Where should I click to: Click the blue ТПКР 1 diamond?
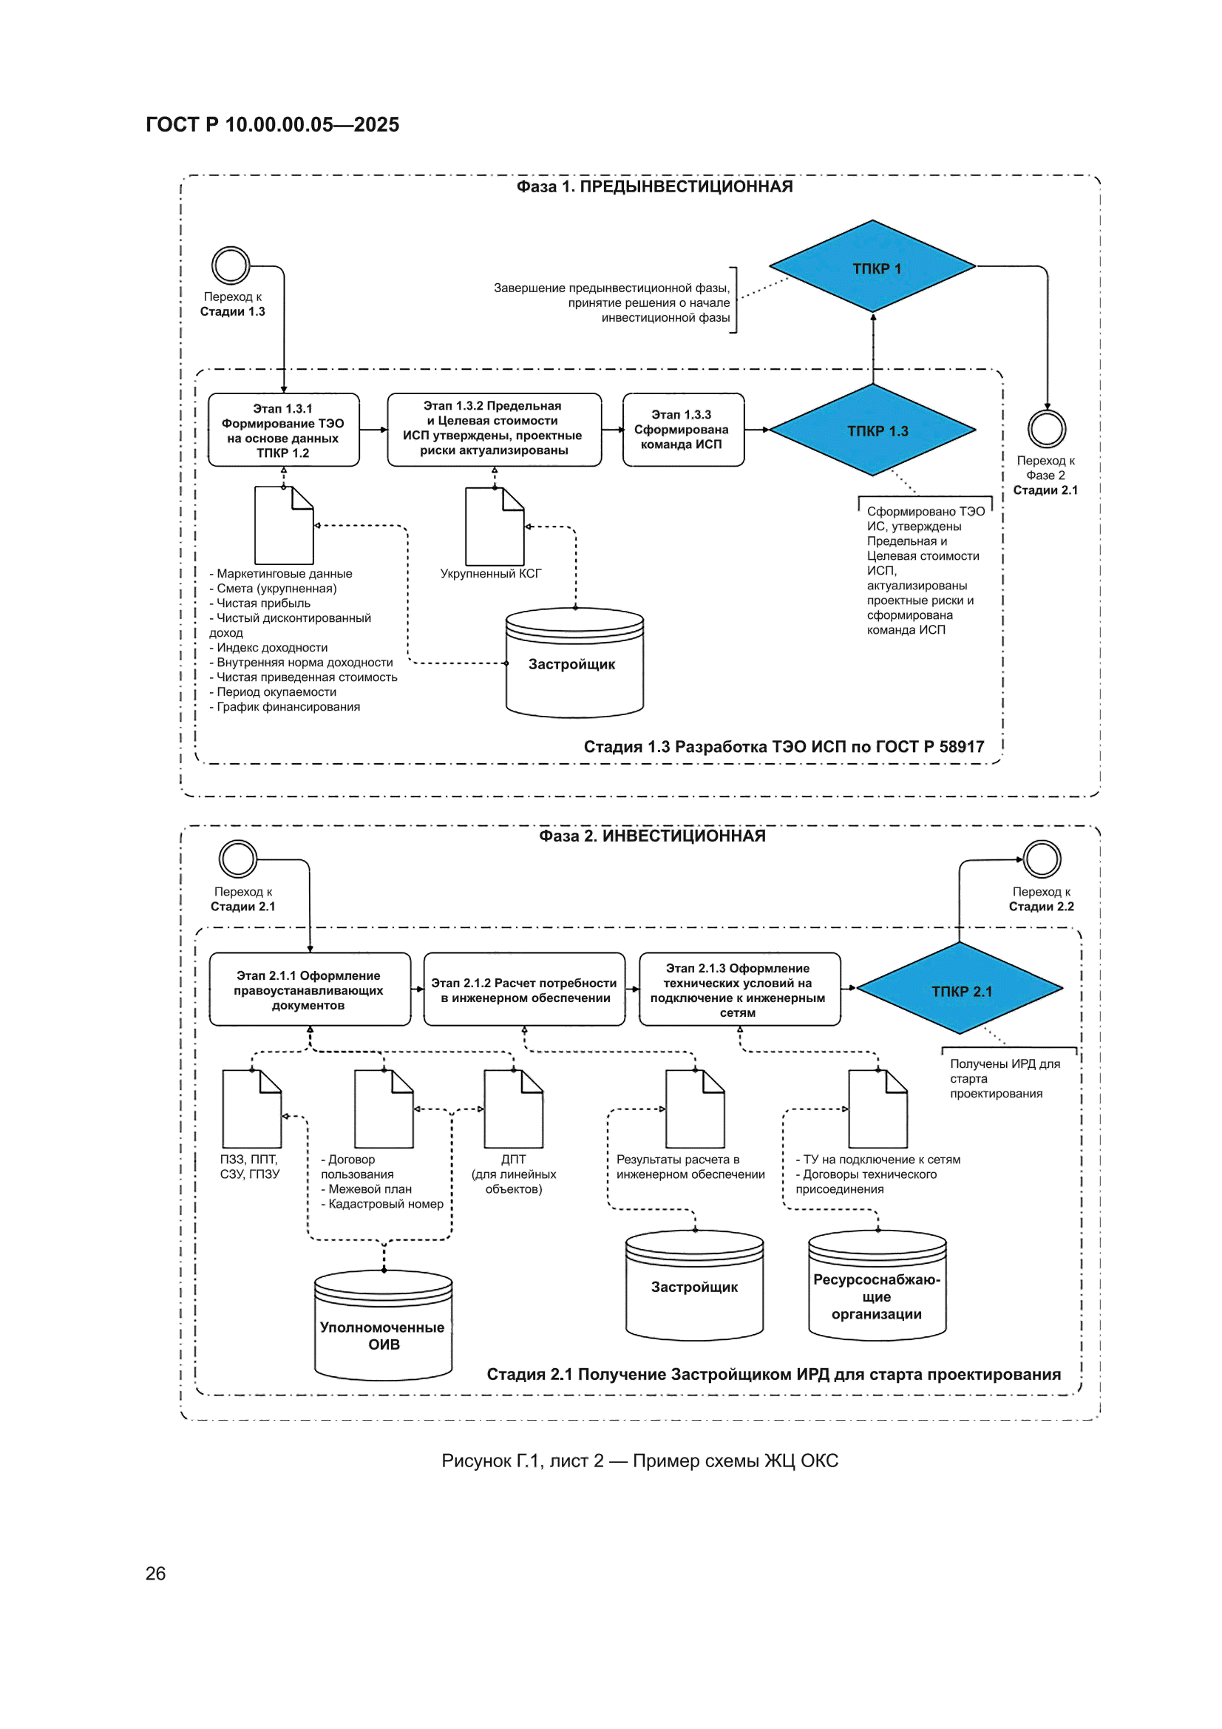pyautogui.click(x=872, y=265)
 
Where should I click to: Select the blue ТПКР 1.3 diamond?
pyautogui.click(x=872, y=430)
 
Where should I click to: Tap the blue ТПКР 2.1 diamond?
pyautogui.click(x=960, y=988)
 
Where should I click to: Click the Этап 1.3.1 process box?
pyautogui.click(x=283, y=430)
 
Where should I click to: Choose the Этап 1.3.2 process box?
pyautogui.click(x=494, y=430)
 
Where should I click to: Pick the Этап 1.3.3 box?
pyautogui.click(x=683, y=430)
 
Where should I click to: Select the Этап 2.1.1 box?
pyautogui.click(x=310, y=989)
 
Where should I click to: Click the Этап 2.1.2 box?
pyautogui.click(x=524, y=989)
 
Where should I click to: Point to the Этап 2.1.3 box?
pyautogui.click(x=739, y=989)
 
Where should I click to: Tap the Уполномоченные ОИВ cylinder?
pyautogui.click(x=383, y=1325)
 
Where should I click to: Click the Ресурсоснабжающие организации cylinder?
pyautogui.click(x=878, y=1285)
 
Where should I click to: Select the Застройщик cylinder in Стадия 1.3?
pyautogui.click(x=574, y=663)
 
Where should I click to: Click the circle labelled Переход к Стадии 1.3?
pyautogui.click(x=231, y=265)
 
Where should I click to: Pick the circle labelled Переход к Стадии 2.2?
pyautogui.click(x=1042, y=859)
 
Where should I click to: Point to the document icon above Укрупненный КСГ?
pyautogui.click(x=495, y=527)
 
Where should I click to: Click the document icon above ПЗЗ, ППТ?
pyautogui.click(x=251, y=1109)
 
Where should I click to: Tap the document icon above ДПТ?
pyautogui.click(x=514, y=1109)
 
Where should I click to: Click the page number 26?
pyautogui.click(x=155, y=1573)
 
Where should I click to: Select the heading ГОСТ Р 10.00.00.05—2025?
pyautogui.click(x=273, y=124)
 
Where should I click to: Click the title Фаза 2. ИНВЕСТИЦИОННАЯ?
pyautogui.click(x=652, y=836)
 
